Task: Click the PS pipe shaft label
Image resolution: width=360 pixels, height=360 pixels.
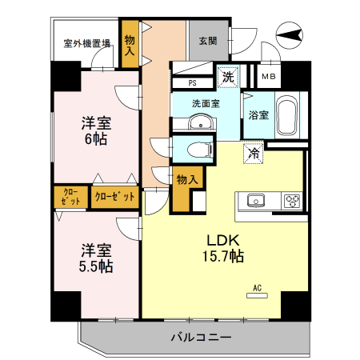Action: click(193, 82)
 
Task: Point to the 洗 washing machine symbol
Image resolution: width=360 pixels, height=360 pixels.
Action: click(229, 78)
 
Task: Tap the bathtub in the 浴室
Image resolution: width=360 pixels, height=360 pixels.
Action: click(286, 118)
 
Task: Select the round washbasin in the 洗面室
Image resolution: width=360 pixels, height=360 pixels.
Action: click(202, 123)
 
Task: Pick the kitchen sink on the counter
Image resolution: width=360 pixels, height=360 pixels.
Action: click(256, 200)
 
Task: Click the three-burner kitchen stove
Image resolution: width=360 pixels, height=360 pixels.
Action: click(290, 200)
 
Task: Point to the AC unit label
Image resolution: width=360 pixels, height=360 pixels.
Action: click(258, 291)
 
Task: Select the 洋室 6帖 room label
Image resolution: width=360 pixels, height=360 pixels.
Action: click(95, 131)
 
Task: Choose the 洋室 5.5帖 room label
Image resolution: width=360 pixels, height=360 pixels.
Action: click(95, 256)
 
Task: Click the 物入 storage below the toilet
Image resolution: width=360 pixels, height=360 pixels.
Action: click(186, 181)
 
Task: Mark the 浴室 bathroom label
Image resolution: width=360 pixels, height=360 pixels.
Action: click(258, 114)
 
